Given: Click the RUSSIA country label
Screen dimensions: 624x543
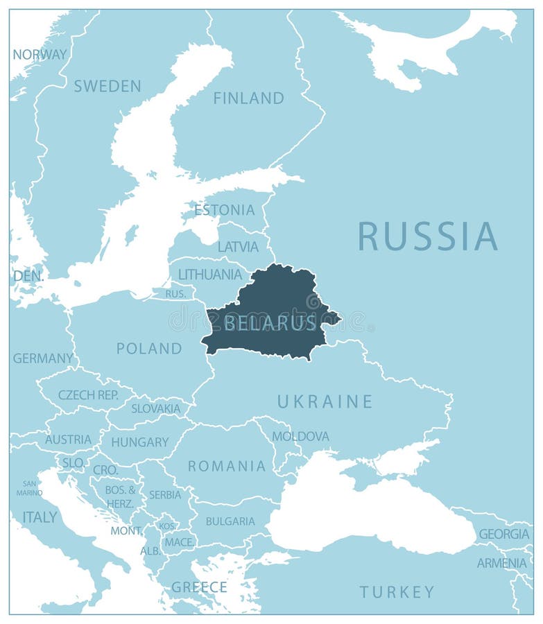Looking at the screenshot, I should pyautogui.click(x=428, y=236).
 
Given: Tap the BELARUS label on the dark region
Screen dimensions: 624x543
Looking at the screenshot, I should pyautogui.click(x=270, y=323).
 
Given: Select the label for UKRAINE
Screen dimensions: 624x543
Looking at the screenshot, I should pyautogui.click(x=325, y=401).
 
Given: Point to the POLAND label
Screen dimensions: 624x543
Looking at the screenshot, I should pyautogui.click(x=149, y=348).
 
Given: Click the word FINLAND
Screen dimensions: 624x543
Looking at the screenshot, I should pyautogui.click(x=248, y=98).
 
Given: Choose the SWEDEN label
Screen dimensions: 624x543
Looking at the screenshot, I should pyautogui.click(x=107, y=86).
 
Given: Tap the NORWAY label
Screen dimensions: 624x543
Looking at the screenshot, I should pyautogui.click(x=40, y=54).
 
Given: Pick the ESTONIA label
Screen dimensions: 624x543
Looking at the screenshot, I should pyautogui.click(x=224, y=209).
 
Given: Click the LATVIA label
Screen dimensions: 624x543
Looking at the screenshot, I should pyautogui.click(x=238, y=246).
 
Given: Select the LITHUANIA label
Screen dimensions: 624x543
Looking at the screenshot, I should pyautogui.click(x=210, y=275).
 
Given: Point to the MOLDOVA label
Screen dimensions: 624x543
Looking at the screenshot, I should pyautogui.click(x=300, y=436).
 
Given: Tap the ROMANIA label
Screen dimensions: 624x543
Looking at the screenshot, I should pyautogui.click(x=227, y=466).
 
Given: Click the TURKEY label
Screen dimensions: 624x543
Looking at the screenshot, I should pyautogui.click(x=397, y=591).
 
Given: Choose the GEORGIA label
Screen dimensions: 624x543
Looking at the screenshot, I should pyautogui.click(x=504, y=534).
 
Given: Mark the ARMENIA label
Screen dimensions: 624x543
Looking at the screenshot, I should pyautogui.click(x=501, y=563).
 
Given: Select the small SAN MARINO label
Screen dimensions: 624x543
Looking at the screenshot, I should pyautogui.click(x=30, y=488).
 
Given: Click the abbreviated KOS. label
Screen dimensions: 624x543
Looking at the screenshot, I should pyautogui.click(x=167, y=526).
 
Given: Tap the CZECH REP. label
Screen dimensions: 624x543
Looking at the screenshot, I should pyautogui.click(x=87, y=395).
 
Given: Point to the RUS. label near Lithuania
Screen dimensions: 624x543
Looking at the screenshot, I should pyautogui.click(x=175, y=294).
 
